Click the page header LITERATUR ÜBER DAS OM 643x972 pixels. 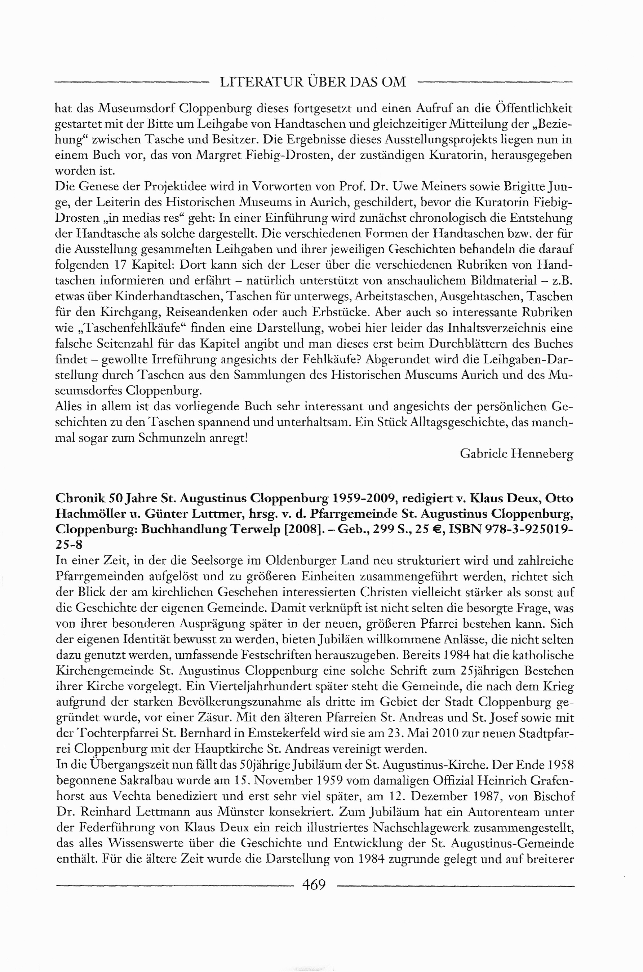point(313,83)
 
